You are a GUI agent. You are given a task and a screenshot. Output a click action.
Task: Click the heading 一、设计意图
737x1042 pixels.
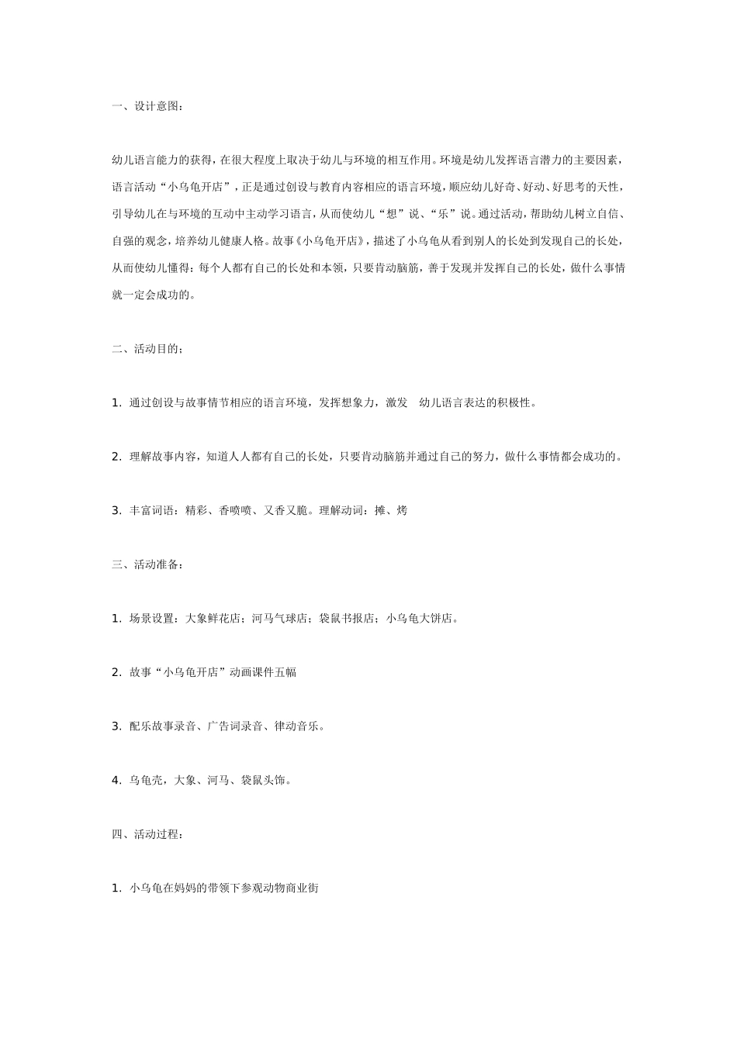[x=148, y=106]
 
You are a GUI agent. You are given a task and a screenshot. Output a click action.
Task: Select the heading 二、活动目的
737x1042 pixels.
[x=148, y=349]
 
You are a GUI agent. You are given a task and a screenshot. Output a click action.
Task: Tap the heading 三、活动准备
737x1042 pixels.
[x=148, y=564]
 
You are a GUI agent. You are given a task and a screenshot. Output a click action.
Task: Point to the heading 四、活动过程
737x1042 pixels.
[x=148, y=834]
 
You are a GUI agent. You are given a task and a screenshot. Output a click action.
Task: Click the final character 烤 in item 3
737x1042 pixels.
[x=401, y=511]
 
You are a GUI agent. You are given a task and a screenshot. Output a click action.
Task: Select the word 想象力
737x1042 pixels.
[x=359, y=403]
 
